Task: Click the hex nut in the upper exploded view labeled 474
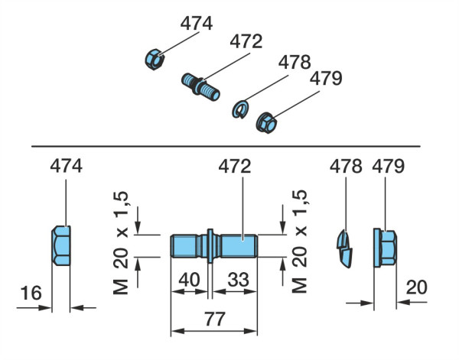coord(155,60)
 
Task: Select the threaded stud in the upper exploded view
coord(200,87)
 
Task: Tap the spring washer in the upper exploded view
coord(241,109)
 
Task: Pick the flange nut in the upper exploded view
coord(266,122)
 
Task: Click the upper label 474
coord(196,24)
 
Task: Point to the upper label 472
coord(246,41)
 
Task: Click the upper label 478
coord(295,62)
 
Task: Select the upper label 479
coord(326,79)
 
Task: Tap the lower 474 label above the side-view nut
coord(66,167)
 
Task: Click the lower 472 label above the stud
coord(235,167)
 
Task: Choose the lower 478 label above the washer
coord(346,167)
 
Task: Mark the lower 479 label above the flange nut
coord(388,167)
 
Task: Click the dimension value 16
coord(31,293)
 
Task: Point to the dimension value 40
coord(190,279)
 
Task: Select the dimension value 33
coord(238,279)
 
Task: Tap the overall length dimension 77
coord(215,319)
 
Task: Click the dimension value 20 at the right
coord(417,287)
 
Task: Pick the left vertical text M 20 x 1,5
coord(121,243)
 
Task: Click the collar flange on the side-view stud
coord(210,246)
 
